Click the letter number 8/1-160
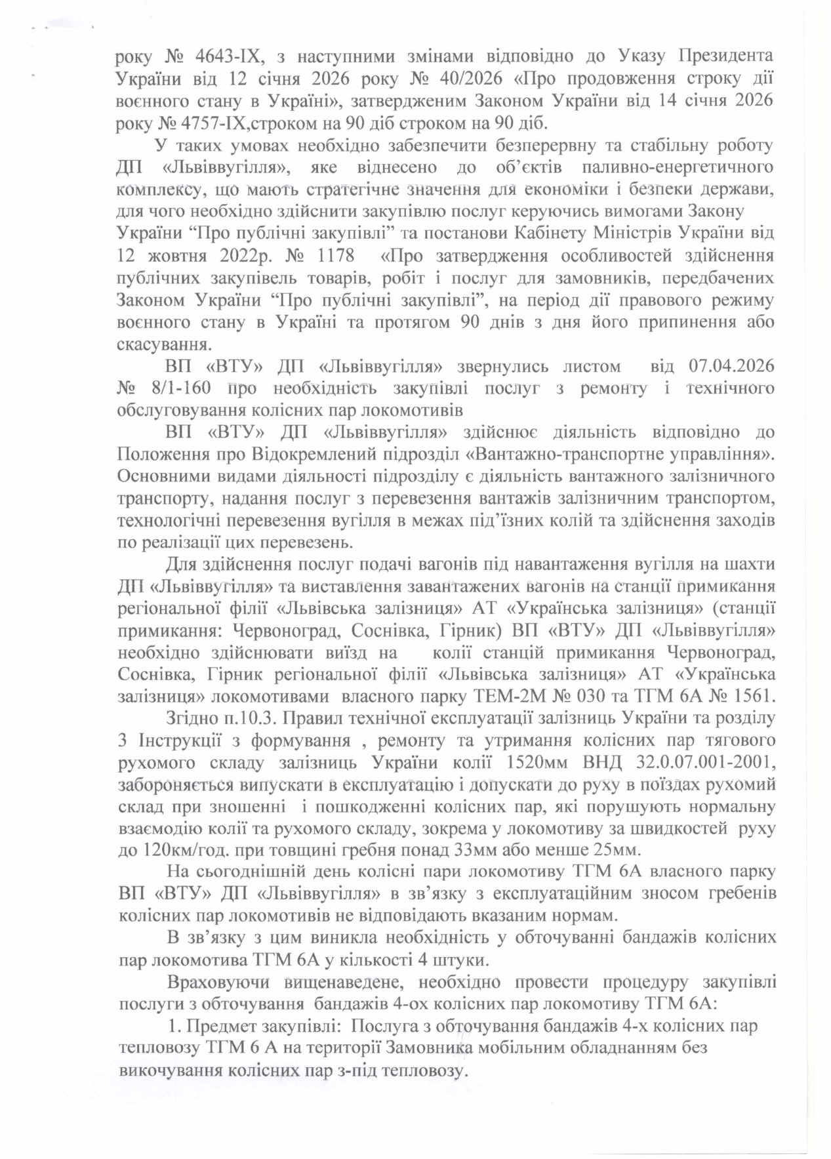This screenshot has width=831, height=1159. point(180,388)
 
